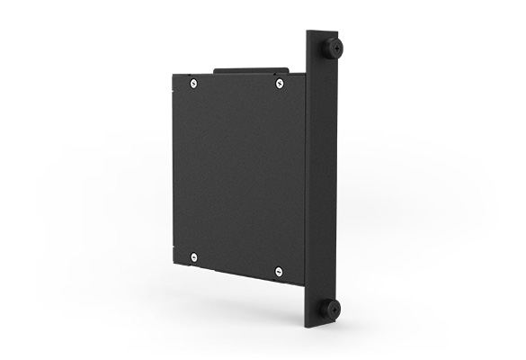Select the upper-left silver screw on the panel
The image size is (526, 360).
pyautogui.click(x=194, y=84)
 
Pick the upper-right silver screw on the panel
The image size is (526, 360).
pyautogui.click(x=279, y=85)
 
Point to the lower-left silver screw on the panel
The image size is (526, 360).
pyautogui.click(x=194, y=257)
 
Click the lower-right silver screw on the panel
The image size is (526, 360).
pyautogui.click(x=278, y=271)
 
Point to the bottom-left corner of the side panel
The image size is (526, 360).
pyautogui.click(x=173, y=263)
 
